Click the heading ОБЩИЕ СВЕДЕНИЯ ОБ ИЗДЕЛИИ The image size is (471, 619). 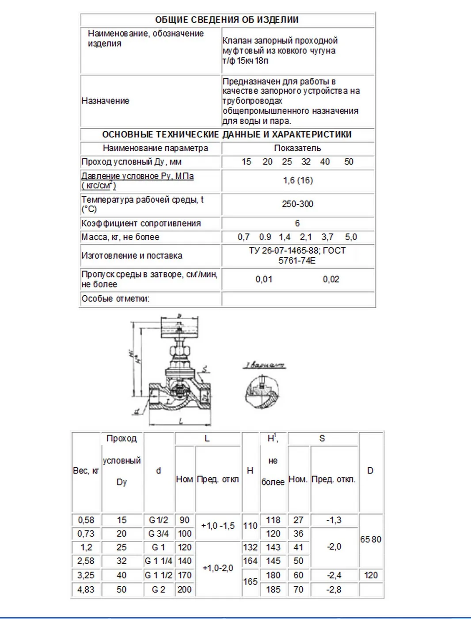tap(227, 20)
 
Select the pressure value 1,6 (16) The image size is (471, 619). tap(298, 180)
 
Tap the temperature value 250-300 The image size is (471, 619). tap(297, 204)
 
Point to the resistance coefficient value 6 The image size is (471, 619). tap(297, 223)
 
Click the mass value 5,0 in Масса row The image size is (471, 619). tap(351, 237)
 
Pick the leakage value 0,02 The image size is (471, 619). tap(331, 279)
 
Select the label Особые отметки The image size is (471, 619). tap(115, 298)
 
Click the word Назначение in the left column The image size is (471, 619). tap(106, 101)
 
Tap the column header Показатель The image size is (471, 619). tap(297, 148)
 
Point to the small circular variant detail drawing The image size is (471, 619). tap(262, 392)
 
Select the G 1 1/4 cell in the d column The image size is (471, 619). tap(159, 561)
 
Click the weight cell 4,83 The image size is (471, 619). tap(86, 589)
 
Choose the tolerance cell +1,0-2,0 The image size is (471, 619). tap(218, 568)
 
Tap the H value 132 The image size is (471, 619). tap(250, 547)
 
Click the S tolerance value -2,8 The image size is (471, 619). tap(334, 589)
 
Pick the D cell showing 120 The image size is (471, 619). tap(371, 575)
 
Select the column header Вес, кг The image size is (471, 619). tap(86, 471)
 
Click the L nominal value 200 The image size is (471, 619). tap(185, 589)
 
